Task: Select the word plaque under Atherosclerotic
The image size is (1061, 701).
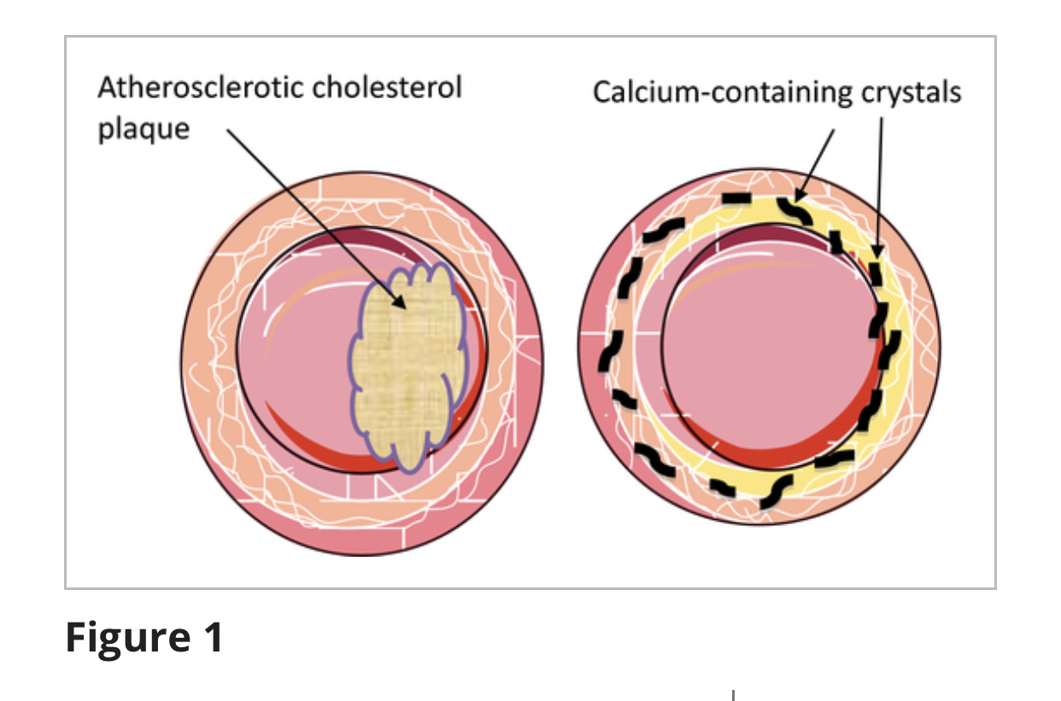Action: tap(143, 129)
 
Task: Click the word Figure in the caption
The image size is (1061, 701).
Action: tap(123, 638)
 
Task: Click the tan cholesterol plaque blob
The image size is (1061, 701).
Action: tap(408, 367)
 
